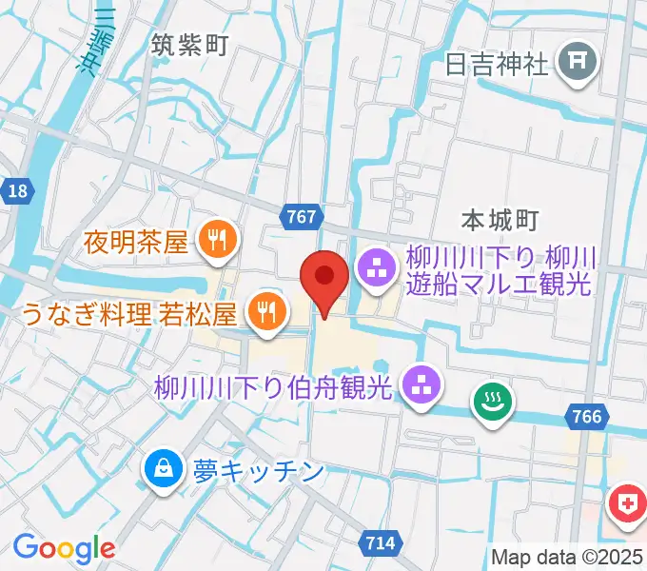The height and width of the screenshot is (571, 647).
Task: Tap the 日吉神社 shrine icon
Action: point(578,64)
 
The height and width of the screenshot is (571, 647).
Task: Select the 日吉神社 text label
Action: point(497,64)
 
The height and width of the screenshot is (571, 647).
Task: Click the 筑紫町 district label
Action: point(190,44)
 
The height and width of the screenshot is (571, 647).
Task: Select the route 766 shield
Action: point(588,416)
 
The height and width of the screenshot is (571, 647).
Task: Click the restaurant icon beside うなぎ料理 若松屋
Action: point(264,311)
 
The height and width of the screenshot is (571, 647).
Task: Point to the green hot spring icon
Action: point(494,403)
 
